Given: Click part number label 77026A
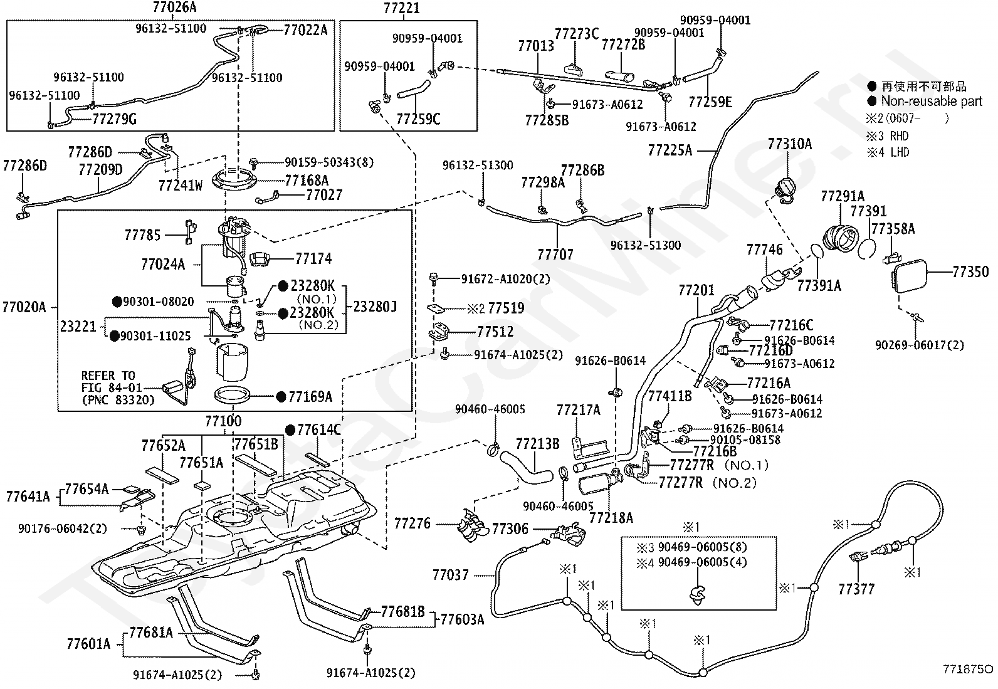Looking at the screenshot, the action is coord(174,7).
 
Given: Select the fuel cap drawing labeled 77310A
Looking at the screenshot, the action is coord(788,189).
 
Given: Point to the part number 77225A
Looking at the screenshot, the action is coord(670,150).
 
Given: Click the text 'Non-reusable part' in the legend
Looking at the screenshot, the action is coord(932,101).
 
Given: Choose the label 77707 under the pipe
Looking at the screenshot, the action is coord(555,255).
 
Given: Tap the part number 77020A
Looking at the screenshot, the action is coord(24,307).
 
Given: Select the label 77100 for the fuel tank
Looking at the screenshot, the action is coord(223,421).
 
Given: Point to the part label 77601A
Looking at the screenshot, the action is coord(88,644).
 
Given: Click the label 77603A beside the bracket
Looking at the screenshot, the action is coord(462,619).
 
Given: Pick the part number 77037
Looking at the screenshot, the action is coord(451,576).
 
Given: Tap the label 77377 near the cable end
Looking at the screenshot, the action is coord(856,589).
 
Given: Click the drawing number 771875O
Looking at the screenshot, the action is coord(968,669).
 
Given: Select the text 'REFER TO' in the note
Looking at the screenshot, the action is coord(108,376).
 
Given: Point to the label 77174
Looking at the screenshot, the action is coord(313,258).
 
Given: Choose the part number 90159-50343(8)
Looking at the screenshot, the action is coord(329,162).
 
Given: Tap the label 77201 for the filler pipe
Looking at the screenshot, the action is coord(696,290).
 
